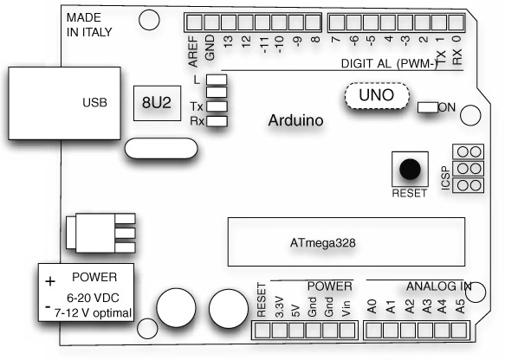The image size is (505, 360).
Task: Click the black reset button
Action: (410, 169)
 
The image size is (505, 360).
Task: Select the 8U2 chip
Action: (157, 103)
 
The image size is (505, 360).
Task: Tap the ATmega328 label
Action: (323, 242)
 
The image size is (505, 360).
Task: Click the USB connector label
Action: (94, 103)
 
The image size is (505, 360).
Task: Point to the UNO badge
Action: (377, 96)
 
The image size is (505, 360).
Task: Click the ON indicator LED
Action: (428, 107)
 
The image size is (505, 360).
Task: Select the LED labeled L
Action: (217, 80)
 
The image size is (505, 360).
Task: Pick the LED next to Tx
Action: (217, 106)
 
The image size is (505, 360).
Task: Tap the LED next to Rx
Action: (217, 121)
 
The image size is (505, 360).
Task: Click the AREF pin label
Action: (192, 51)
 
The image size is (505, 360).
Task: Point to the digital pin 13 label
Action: (228, 42)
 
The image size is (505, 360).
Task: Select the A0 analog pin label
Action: (372, 306)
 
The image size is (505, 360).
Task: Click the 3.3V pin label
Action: (280, 307)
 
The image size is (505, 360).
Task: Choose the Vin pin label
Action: (346, 309)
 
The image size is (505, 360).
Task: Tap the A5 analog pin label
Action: (461, 306)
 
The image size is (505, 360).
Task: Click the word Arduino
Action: (295, 120)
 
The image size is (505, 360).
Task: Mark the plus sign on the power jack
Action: (50, 281)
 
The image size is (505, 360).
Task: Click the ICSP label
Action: (445, 178)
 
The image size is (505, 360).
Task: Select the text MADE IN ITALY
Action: (89, 25)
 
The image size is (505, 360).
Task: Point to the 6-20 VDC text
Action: (93, 298)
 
